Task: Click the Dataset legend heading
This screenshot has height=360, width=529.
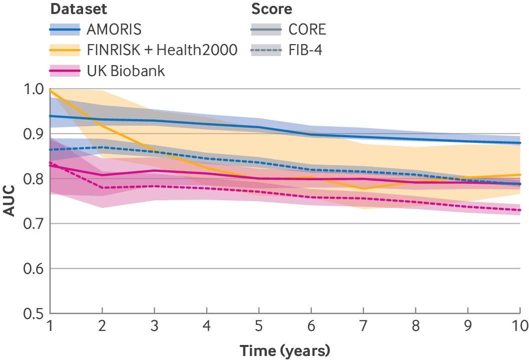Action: pos(79,9)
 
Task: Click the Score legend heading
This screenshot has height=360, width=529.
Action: pos(272,9)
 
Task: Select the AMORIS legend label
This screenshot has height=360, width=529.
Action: pos(114,30)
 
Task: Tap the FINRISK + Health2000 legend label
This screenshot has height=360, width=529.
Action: pos(162,50)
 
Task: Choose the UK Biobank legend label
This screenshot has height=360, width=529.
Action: pos(126,71)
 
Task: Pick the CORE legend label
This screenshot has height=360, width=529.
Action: pos(307,30)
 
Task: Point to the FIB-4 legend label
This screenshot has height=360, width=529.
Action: pos(305,50)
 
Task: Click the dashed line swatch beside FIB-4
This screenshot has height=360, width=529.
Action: pos(266,50)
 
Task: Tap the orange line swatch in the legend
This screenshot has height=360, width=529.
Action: pos(65,50)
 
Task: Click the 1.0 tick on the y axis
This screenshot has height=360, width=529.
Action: pos(35,90)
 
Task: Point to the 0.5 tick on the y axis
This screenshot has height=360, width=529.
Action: pos(35,313)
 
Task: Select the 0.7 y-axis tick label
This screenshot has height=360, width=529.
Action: pos(35,224)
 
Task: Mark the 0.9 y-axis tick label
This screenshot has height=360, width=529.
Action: pos(35,134)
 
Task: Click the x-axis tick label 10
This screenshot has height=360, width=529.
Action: pos(520,326)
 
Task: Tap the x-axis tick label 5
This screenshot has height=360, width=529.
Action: pos(259,326)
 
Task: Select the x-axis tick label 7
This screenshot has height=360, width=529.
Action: pos(363,326)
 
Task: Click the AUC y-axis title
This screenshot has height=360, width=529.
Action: pos(9,201)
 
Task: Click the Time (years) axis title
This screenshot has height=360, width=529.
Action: pos(285,350)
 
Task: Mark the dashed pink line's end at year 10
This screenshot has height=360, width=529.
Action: pos(520,210)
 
